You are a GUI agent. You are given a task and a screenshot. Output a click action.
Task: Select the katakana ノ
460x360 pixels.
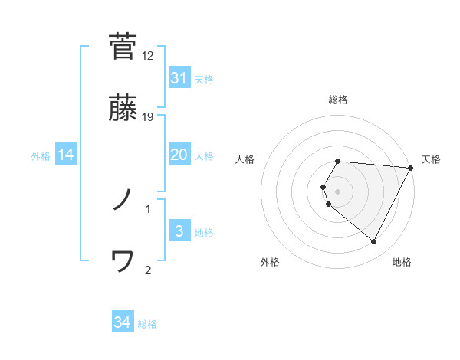tap(123, 201)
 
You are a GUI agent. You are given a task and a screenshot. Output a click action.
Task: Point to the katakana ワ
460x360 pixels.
tap(123, 262)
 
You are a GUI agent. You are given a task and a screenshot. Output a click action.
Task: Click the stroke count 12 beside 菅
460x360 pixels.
tap(148, 55)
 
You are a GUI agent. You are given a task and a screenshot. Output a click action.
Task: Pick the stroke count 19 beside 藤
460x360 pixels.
tap(148, 116)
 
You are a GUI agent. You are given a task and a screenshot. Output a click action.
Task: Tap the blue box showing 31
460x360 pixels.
tap(179, 78)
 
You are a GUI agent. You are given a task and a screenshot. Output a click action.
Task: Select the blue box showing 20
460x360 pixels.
tap(179, 155)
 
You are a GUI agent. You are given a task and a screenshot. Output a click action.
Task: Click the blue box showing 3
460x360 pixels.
tap(179, 231)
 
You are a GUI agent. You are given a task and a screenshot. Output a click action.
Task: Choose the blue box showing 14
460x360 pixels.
tap(66, 155)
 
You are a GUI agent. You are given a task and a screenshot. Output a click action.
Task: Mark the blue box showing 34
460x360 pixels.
tap(122, 322)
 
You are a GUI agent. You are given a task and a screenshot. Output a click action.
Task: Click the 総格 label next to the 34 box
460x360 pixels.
tap(147, 324)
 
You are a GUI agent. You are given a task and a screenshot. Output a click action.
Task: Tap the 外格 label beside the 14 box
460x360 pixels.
tap(41, 156)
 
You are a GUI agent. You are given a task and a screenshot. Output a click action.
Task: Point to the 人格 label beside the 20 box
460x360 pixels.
tap(204, 156)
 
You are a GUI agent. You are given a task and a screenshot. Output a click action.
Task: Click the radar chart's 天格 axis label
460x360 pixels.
tap(431, 159)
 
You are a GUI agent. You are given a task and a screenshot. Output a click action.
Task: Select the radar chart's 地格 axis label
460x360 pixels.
tap(402, 262)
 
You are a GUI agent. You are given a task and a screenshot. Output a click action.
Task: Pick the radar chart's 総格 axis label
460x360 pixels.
tap(338, 100)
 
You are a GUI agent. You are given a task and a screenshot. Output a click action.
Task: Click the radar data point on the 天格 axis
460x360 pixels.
tap(411, 168)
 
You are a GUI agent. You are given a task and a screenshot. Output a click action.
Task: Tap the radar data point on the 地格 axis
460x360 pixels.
tap(374, 241)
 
